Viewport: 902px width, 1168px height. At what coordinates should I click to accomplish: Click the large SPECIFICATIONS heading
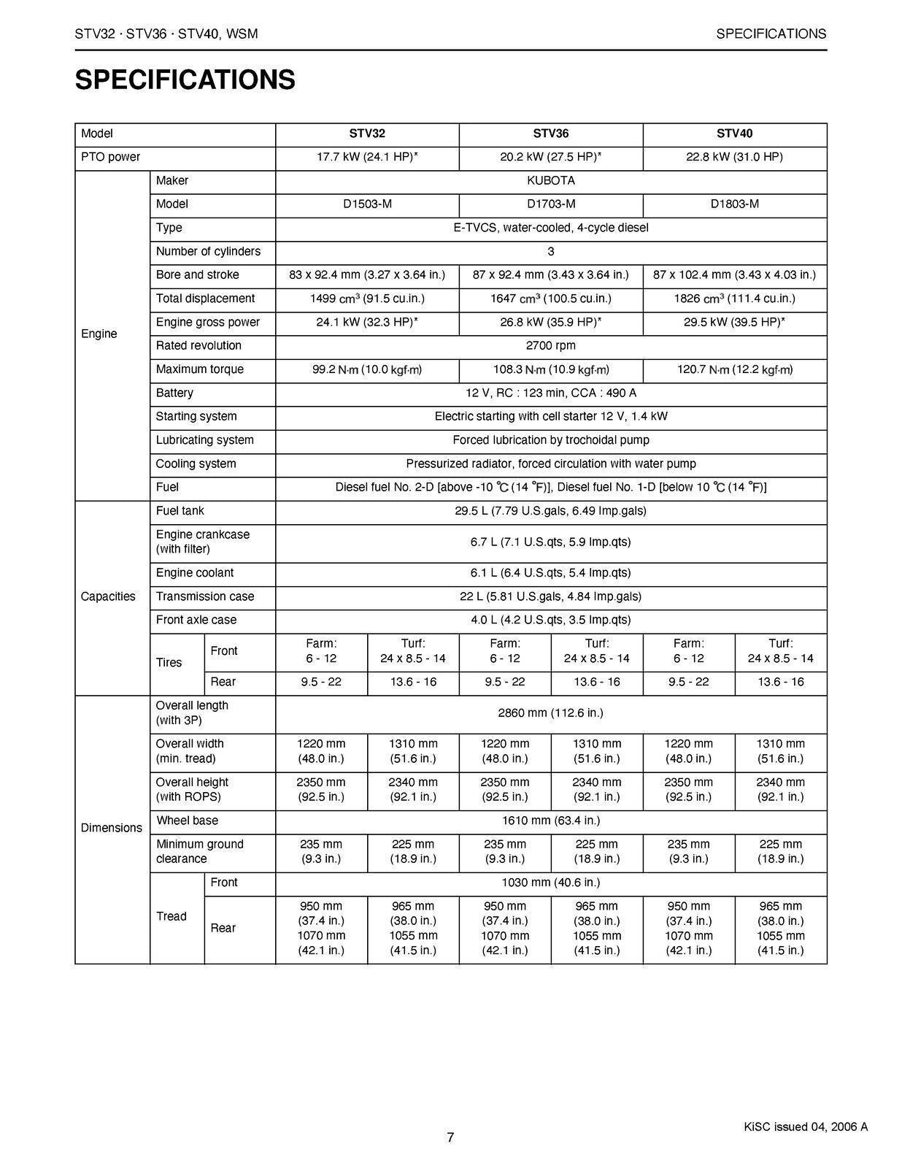[x=185, y=80]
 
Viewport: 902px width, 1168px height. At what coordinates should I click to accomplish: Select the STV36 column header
[x=550, y=134]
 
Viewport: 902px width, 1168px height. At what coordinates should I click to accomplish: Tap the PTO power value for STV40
[x=734, y=157]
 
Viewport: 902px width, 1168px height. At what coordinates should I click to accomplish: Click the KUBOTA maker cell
[x=550, y=180]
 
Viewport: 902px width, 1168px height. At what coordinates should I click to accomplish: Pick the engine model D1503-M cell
[x=367, y=204]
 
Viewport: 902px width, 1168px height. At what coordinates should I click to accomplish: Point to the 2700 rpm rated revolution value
[x=550, y=345]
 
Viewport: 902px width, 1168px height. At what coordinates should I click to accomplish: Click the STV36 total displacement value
[x=550, y=299]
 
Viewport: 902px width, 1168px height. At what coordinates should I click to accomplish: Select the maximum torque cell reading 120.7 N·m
[x=734, y=369]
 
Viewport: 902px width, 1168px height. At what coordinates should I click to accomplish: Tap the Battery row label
[x=174, y=393]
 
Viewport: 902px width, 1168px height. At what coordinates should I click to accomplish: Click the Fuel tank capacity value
[x=550, y=511]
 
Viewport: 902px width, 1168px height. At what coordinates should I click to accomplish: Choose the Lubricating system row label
[x=204, y=440]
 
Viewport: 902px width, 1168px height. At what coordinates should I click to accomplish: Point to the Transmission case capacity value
[x=550, y=596]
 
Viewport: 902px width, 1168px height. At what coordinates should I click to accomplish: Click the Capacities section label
[x=108, y=596]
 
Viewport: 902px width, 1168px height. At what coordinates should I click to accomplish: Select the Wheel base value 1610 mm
[x=550, y=821]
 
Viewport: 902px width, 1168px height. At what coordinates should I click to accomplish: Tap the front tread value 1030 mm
[x=550, y=883]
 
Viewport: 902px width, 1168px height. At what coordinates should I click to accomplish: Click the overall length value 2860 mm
[x=550, y=712]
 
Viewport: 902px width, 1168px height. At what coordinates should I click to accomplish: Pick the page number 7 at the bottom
[x=450, y=1137]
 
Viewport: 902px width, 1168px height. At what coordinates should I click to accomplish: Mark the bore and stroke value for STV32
[x=367, y=275]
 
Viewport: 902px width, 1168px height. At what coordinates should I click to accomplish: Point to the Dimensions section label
[x=111, y=828]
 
